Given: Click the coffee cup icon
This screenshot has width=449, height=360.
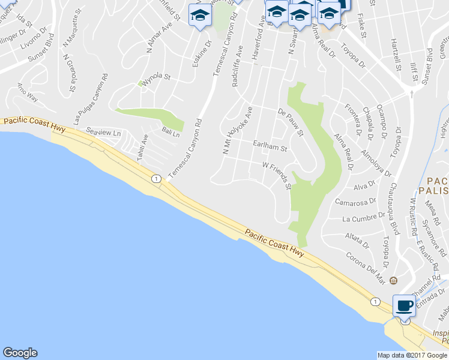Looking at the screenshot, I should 404,306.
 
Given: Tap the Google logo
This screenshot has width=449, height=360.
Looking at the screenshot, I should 20,353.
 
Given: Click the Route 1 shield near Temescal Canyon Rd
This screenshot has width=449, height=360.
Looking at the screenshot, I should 156,179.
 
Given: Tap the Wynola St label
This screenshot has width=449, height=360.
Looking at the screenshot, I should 160,77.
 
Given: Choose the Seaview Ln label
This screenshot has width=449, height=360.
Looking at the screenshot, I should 104,131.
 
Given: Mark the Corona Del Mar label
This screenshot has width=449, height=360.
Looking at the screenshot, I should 366,266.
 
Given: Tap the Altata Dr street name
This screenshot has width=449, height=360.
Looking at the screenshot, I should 358,240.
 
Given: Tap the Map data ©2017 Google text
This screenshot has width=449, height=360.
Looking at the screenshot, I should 412,355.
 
